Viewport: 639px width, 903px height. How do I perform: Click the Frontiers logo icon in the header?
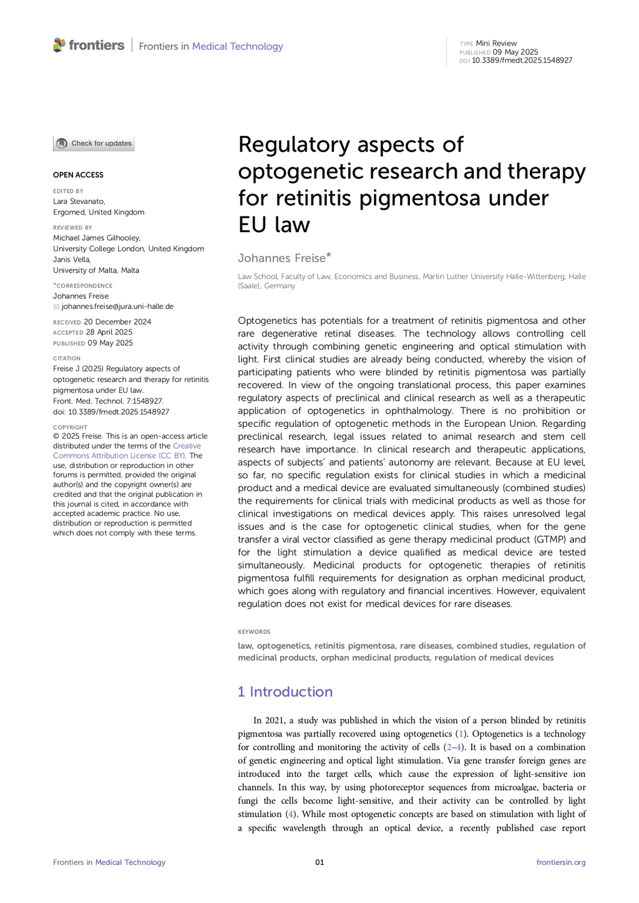pos(59,45)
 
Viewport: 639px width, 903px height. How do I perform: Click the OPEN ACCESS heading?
pos(78,175)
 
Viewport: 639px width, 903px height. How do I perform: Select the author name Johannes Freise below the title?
pos(281,258)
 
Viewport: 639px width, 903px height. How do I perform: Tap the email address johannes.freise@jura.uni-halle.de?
pos(117,306)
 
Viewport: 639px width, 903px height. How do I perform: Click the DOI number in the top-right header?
pos(522,61)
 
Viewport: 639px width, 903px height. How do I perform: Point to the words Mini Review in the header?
pos(496,43)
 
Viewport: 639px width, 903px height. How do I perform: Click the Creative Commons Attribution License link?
pos(127,451)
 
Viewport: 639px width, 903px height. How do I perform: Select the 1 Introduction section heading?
pos(285,691)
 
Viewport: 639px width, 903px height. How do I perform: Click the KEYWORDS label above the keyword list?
pos(254,632)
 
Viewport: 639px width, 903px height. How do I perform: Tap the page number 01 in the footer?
pos(319,862)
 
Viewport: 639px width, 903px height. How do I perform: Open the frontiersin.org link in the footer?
pos(561,862)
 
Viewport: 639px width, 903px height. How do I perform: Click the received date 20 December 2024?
pos(117,322)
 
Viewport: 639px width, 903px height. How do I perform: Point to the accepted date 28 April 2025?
pos(109,332)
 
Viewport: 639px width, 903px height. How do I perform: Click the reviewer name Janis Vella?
pos(72,260)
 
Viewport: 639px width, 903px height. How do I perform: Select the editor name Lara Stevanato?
pos(79,201)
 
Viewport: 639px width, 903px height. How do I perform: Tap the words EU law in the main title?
pos(274,225)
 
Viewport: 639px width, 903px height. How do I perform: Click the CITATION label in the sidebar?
pos(67,358)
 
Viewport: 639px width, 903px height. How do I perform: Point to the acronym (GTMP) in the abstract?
pos(547,539)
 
